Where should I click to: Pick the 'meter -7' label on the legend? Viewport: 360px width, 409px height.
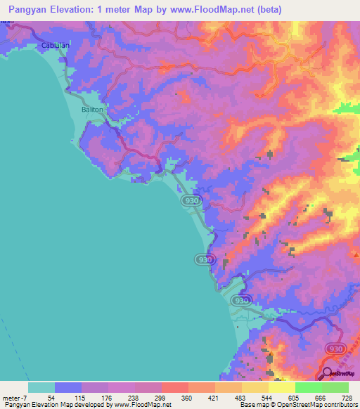coord(16,397)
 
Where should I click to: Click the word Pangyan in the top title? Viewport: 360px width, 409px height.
coord(27,9)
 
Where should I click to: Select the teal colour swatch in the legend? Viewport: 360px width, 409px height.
coord(41,387)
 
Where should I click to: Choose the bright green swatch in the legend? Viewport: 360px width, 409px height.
coord(309,387)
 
